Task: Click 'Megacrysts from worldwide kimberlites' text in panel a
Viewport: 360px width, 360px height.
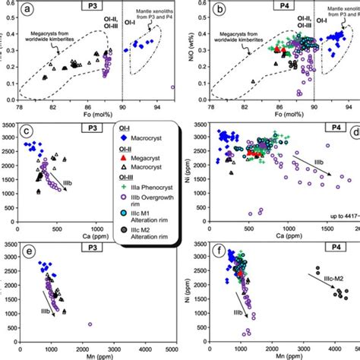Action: [x=57, y=38]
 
